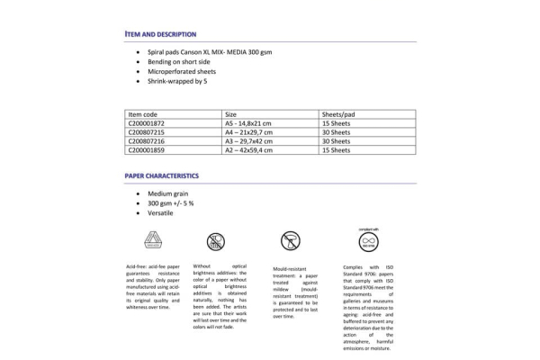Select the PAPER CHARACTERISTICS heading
point(161,175)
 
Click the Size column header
point(231,115)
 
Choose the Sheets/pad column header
point(341,115)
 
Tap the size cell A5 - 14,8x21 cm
point(251,124)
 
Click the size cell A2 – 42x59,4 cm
point(251,149)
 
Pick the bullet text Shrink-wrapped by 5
point(182,81)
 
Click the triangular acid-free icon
point(151,239)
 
